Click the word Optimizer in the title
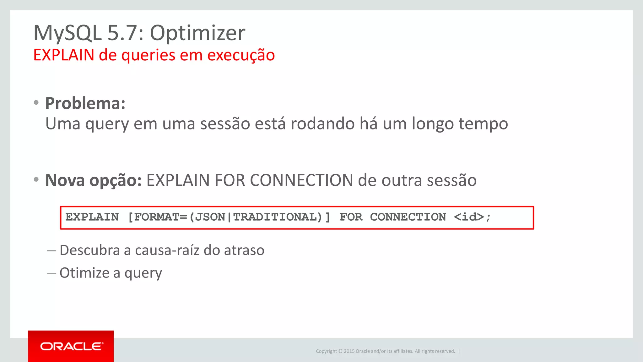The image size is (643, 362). [x=197, y=33]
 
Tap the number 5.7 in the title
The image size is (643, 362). [x=122, y=33]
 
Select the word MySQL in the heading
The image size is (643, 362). [x=68, y=33]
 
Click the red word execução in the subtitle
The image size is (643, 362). [x=241, y=55]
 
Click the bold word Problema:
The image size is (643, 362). [x=85, y=103]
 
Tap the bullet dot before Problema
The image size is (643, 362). [x=36, y=102]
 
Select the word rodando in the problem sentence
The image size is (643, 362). [x=322, y=123]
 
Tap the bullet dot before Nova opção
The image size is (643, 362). [x=36, y=179]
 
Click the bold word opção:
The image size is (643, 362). [x=116, y=181]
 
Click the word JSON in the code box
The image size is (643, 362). [x=210, y=217]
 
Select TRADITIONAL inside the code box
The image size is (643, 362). [x=275, y=217]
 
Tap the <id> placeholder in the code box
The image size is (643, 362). [x=469, y=217]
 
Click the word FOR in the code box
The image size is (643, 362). [x=351, y=217]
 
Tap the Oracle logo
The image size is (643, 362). [x=71, y=346]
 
